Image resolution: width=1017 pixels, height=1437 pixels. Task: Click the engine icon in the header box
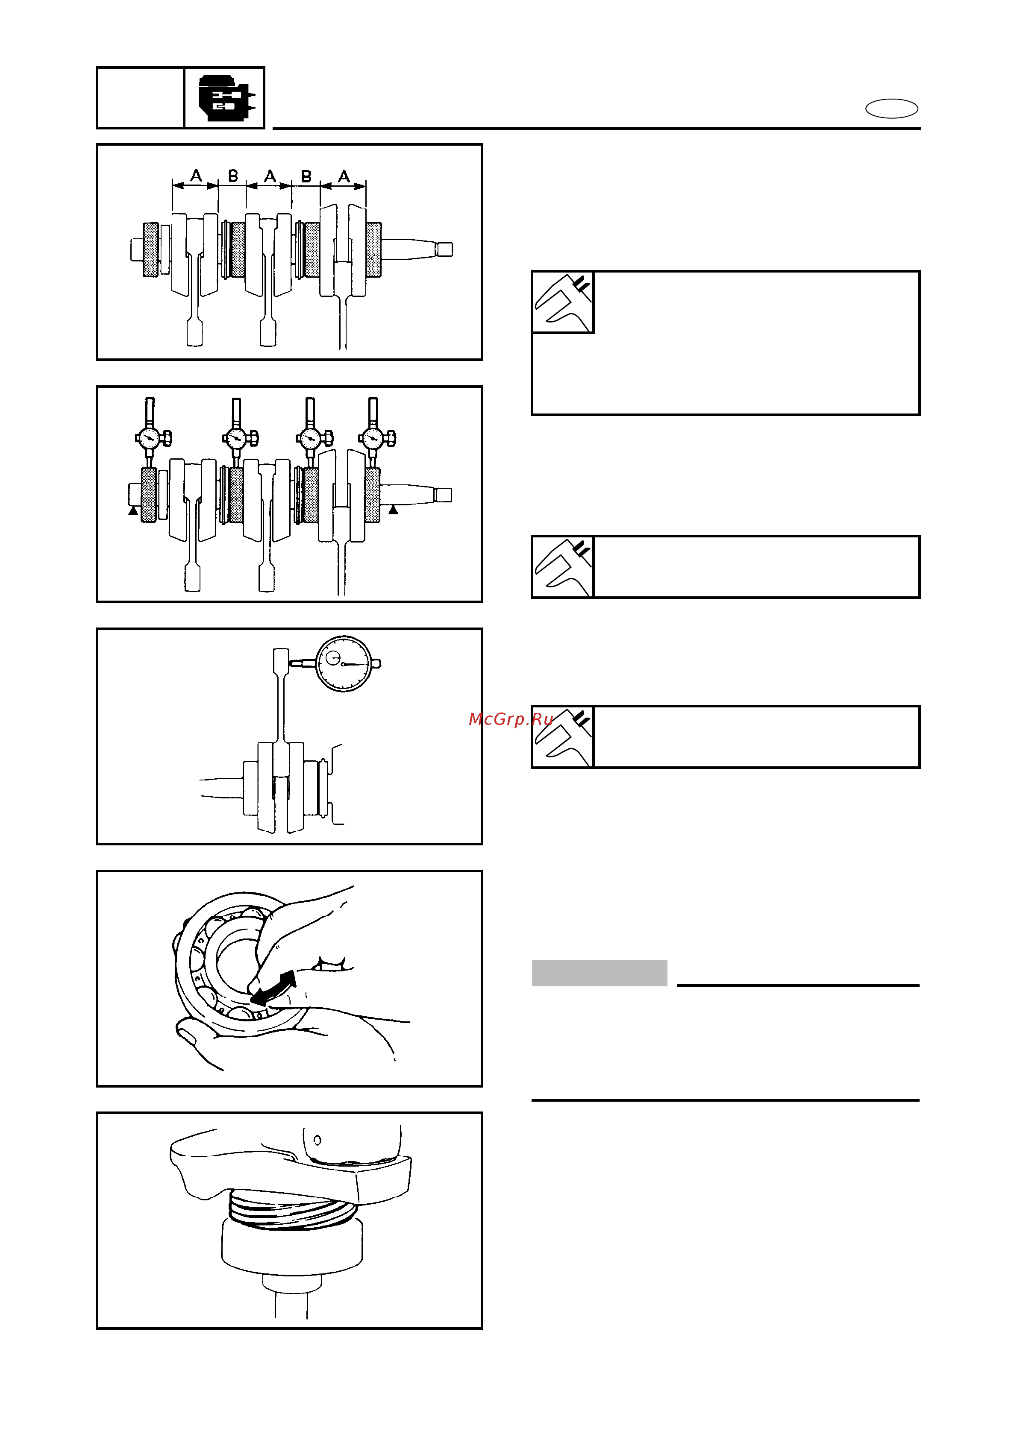[226, 98]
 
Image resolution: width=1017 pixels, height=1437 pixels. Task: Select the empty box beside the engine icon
[140, 98]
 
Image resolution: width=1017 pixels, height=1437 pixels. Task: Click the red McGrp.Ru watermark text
[511, 718]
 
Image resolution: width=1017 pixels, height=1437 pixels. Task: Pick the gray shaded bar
[599, 973]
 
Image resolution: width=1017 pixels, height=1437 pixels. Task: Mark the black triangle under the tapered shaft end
[393, 510]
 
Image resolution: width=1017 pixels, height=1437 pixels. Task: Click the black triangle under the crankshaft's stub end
[133, 511]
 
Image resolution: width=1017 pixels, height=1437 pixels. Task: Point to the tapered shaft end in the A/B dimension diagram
[417, 249]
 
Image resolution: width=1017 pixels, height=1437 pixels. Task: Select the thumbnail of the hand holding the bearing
[289, 978]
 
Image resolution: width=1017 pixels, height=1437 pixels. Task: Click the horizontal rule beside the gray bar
[798, 985]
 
